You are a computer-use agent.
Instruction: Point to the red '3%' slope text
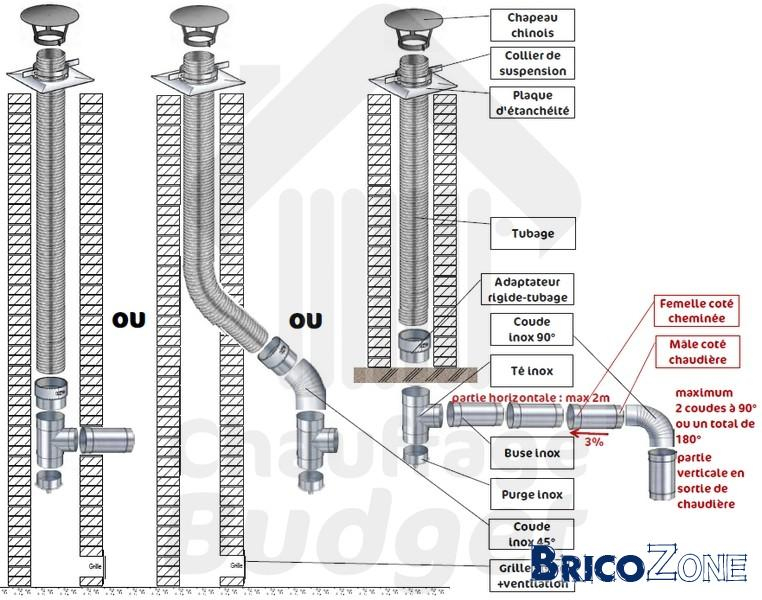592,440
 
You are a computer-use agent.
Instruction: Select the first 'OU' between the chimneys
129,320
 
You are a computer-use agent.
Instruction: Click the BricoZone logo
639,566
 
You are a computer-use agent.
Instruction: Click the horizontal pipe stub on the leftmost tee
106,439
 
